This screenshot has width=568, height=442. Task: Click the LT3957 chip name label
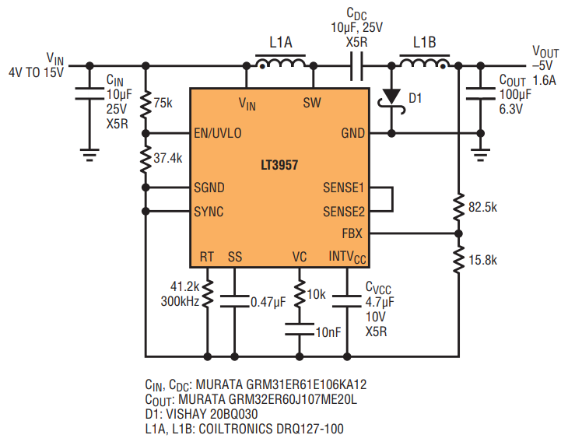click(x=279, y=166)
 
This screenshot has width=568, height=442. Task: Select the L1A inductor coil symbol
click(x=280, y=63)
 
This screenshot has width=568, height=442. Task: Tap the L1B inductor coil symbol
click(x=424, y=63)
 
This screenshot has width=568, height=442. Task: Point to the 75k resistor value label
click(x=163, y=103)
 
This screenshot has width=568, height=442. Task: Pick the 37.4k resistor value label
click(x=168, y=157)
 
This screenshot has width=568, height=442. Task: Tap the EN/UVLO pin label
click(x=218, y=133)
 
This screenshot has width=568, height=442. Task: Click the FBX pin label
click(x=352, y=233)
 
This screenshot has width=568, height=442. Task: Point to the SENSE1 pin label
click(x=343, y=188)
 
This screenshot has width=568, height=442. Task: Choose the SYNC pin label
click(x=209, y=211)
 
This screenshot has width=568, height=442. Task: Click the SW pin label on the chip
click(x=311, y=103)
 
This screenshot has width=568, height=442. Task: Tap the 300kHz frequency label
click(x=180, y=300)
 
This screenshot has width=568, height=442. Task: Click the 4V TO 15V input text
click(x=37, y=72)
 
